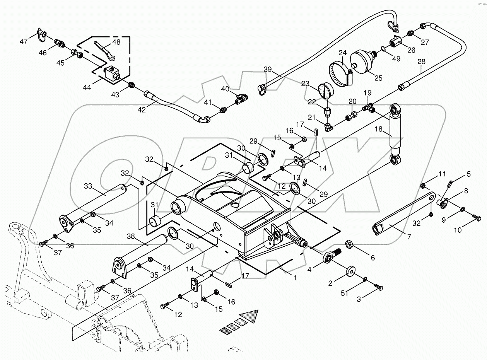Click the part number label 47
(24, 41)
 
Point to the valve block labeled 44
(112, 72)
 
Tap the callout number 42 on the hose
(142, 110)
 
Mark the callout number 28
(421, 62)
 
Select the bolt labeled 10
(475, 218)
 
